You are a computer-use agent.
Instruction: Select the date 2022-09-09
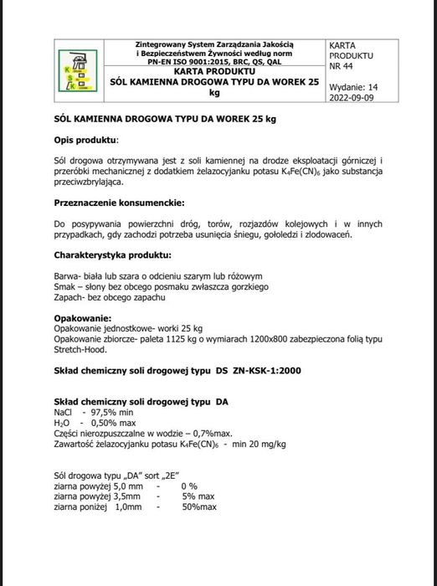355,97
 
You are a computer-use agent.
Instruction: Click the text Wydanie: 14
354,86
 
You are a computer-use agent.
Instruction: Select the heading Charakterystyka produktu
113,254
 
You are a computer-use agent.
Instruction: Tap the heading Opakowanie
83,317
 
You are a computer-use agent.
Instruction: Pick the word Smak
66,286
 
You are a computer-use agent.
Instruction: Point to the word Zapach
69,297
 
